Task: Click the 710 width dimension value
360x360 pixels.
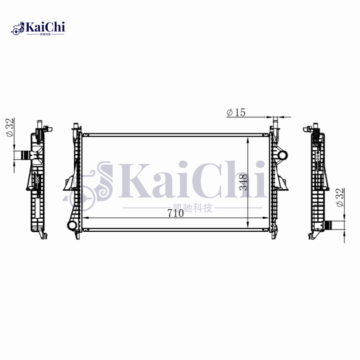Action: [175, 214]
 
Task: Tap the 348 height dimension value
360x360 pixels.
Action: [243, 182]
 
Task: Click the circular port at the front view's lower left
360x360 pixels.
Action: [71, 225]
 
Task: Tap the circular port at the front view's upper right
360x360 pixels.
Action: [282, 155]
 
